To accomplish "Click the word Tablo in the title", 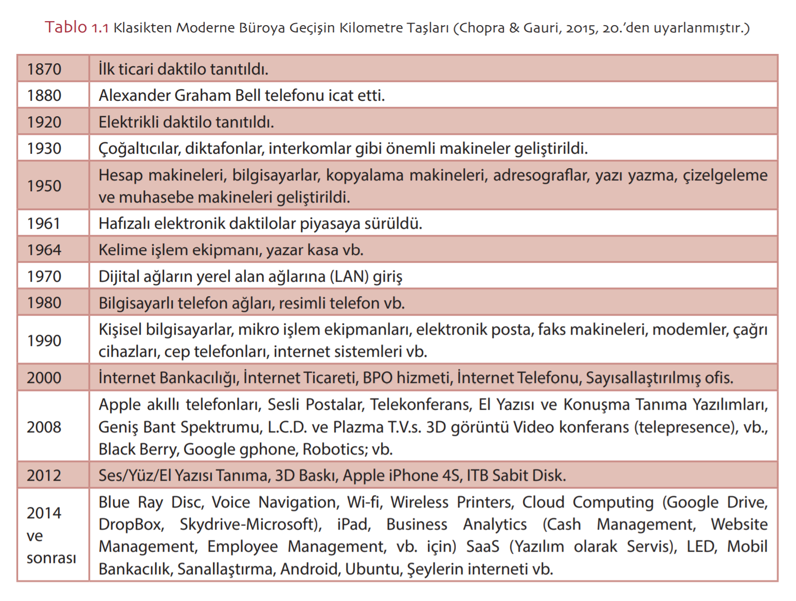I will pos(66,27).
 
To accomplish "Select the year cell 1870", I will pos(44,69).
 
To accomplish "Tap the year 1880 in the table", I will pos(44,96).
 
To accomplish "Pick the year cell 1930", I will pos(44,149).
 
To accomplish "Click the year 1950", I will pos(44,186).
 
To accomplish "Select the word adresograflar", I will pos(540,175).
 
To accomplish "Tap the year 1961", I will pos(44,224).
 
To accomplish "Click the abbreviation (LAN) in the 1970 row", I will pos(349,277).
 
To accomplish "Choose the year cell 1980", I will pos(44,303).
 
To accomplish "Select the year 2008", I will pos(44,427).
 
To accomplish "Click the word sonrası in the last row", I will pos(51,558).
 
